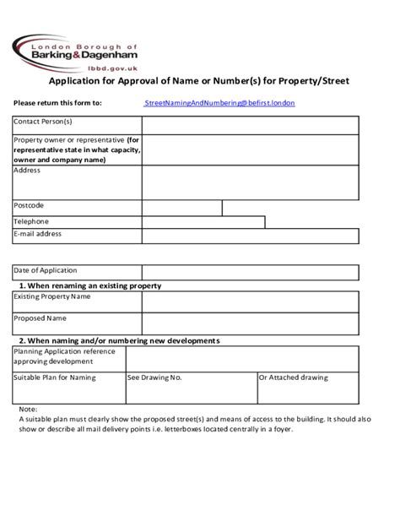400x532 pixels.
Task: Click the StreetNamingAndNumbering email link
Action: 219,103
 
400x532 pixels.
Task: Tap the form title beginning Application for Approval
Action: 197,82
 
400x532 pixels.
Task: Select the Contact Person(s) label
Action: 43,122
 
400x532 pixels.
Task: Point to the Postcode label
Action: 30,205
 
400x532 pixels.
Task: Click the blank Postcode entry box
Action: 181,207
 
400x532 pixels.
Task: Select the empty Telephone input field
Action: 203,222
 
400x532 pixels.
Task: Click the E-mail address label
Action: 38,233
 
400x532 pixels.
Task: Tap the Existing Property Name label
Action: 52,296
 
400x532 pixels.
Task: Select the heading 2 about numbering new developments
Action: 119,340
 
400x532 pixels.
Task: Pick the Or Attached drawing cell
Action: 295,377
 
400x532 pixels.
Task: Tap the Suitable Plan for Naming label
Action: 55,377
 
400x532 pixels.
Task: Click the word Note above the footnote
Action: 27,409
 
